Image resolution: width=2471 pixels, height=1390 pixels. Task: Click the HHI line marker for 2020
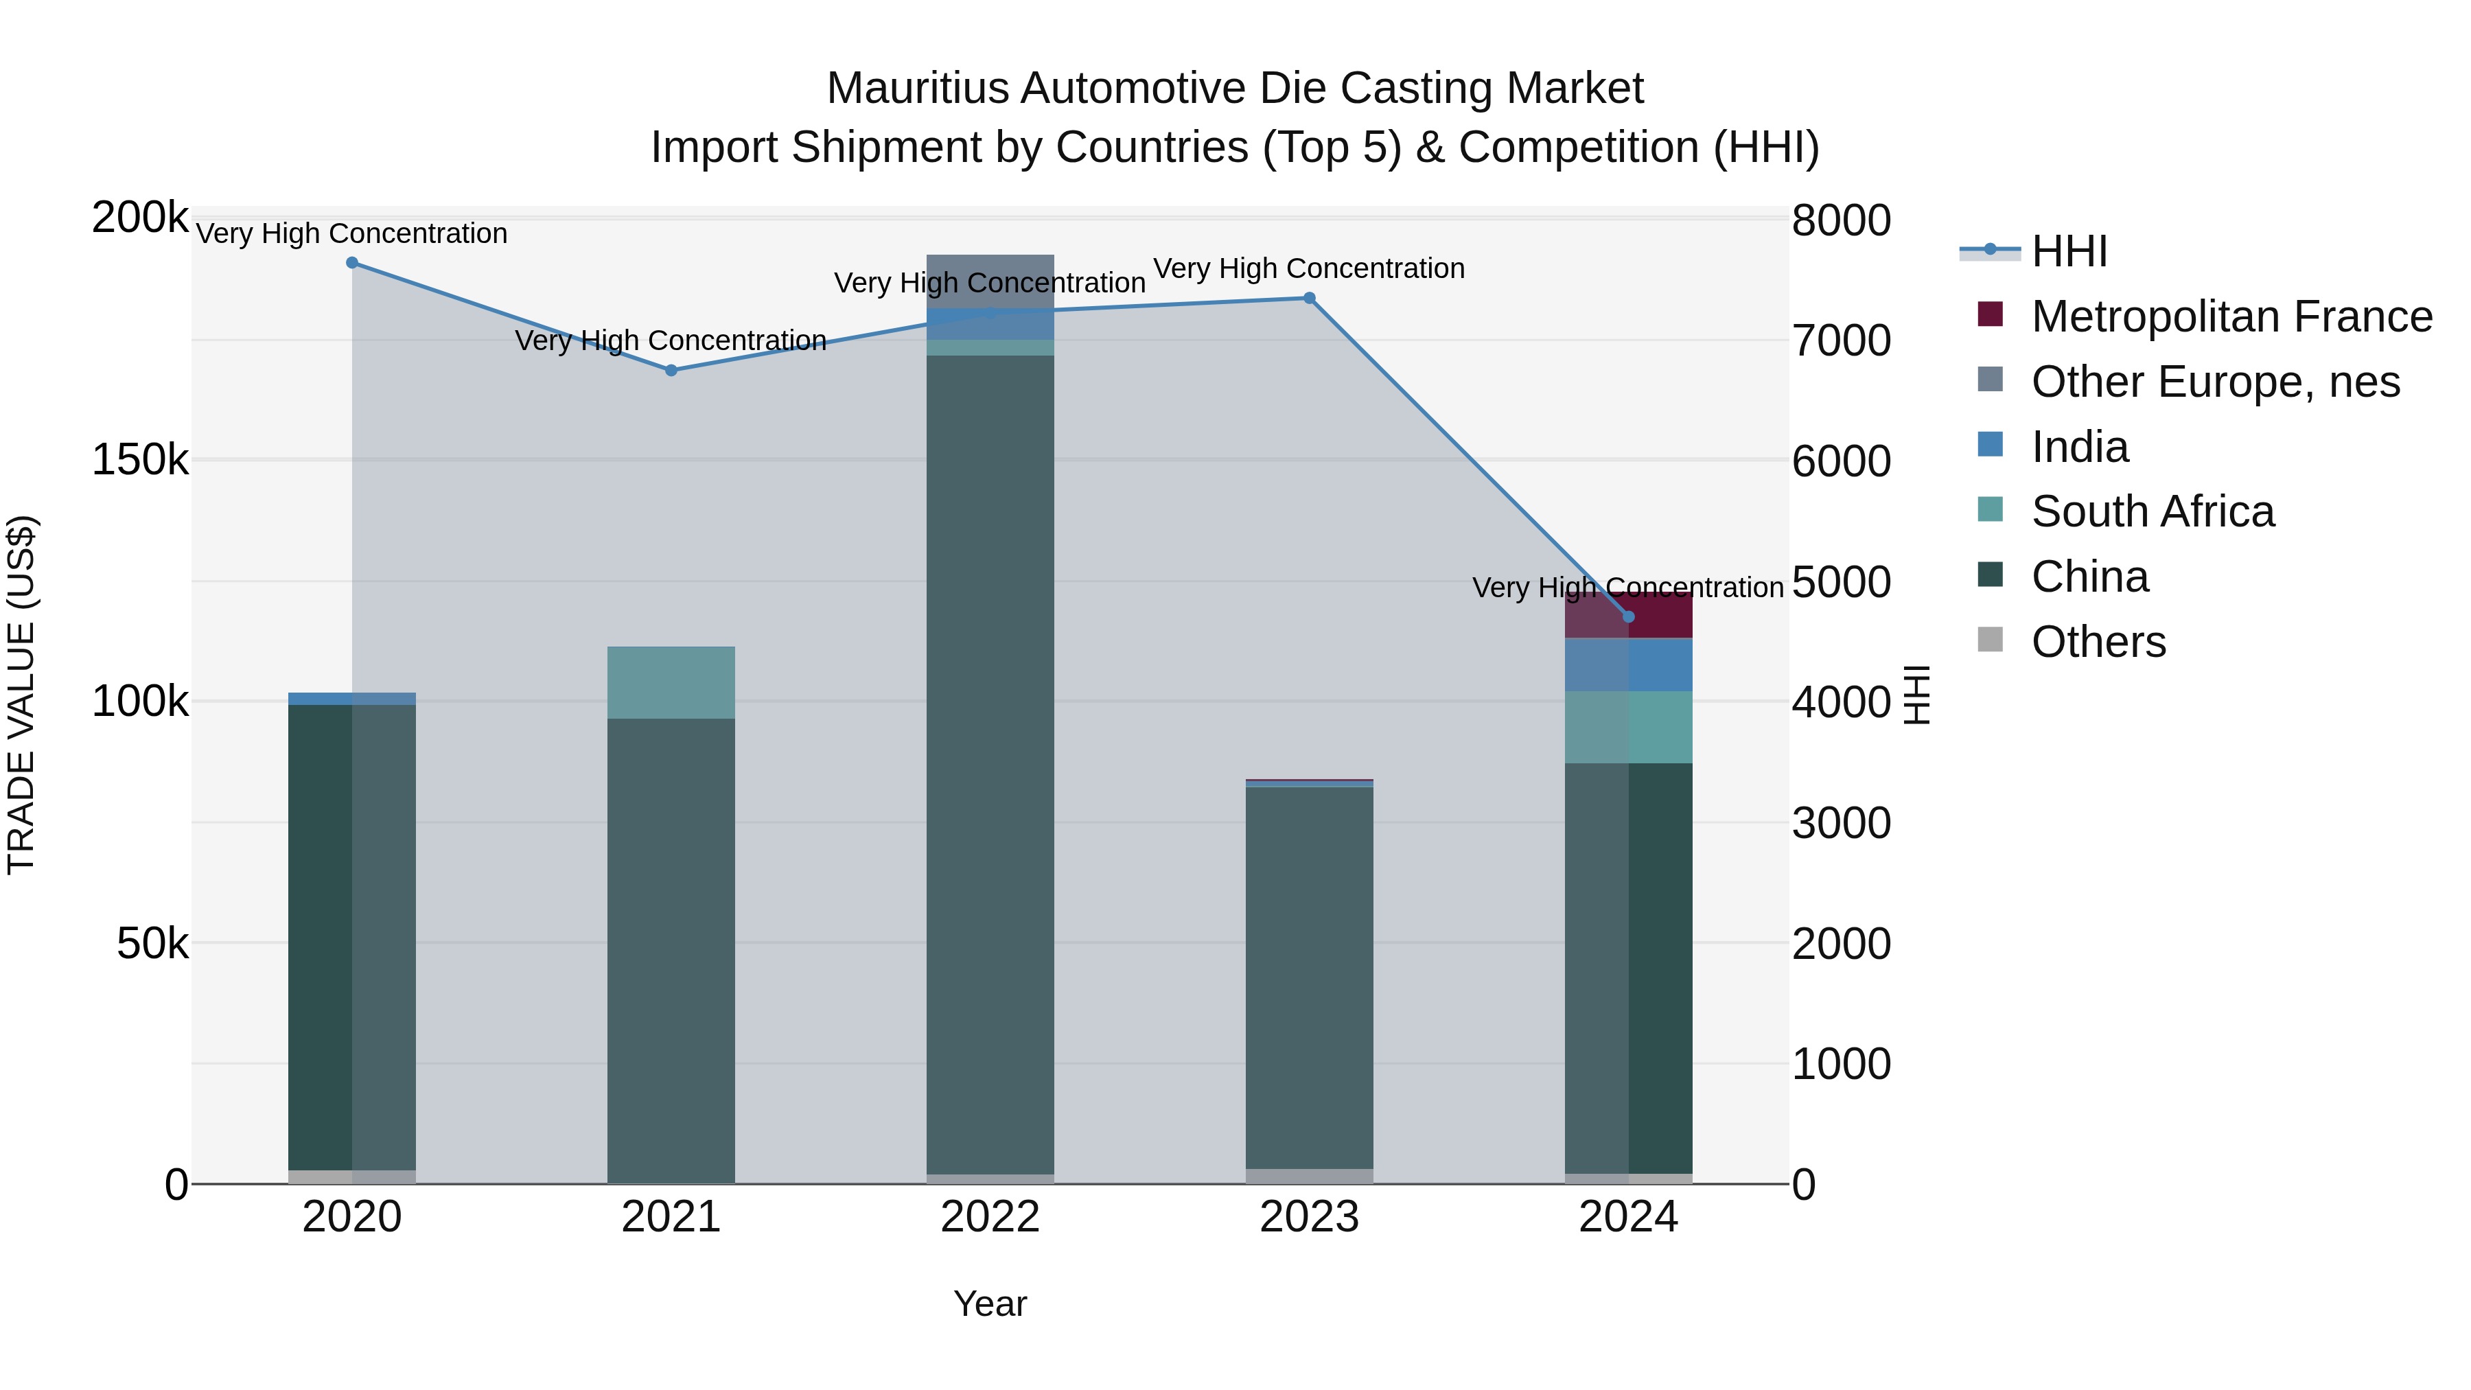click(352, 263)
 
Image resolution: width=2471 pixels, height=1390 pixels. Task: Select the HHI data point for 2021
click(671, 370)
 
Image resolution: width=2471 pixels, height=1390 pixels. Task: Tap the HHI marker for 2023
click(1310, 299)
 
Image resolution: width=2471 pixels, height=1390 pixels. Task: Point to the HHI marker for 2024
click(1628, 617)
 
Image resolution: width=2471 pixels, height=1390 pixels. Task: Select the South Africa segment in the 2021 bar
click(671, 682)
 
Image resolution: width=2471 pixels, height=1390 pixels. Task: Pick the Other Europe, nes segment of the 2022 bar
click(990, 280)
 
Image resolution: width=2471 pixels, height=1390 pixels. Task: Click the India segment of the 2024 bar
click(1660, 664)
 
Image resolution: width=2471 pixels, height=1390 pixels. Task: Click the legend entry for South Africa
click(2152, 512)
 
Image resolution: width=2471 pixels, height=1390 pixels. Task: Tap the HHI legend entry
click(2068, 251)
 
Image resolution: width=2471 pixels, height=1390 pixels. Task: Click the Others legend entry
click(2098, 642)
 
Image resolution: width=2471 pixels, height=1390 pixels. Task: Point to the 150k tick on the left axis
click(140, 461)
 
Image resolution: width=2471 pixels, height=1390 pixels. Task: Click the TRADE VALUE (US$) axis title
click(21, 695)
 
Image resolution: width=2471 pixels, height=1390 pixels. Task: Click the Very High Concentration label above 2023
click(1310, 268)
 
